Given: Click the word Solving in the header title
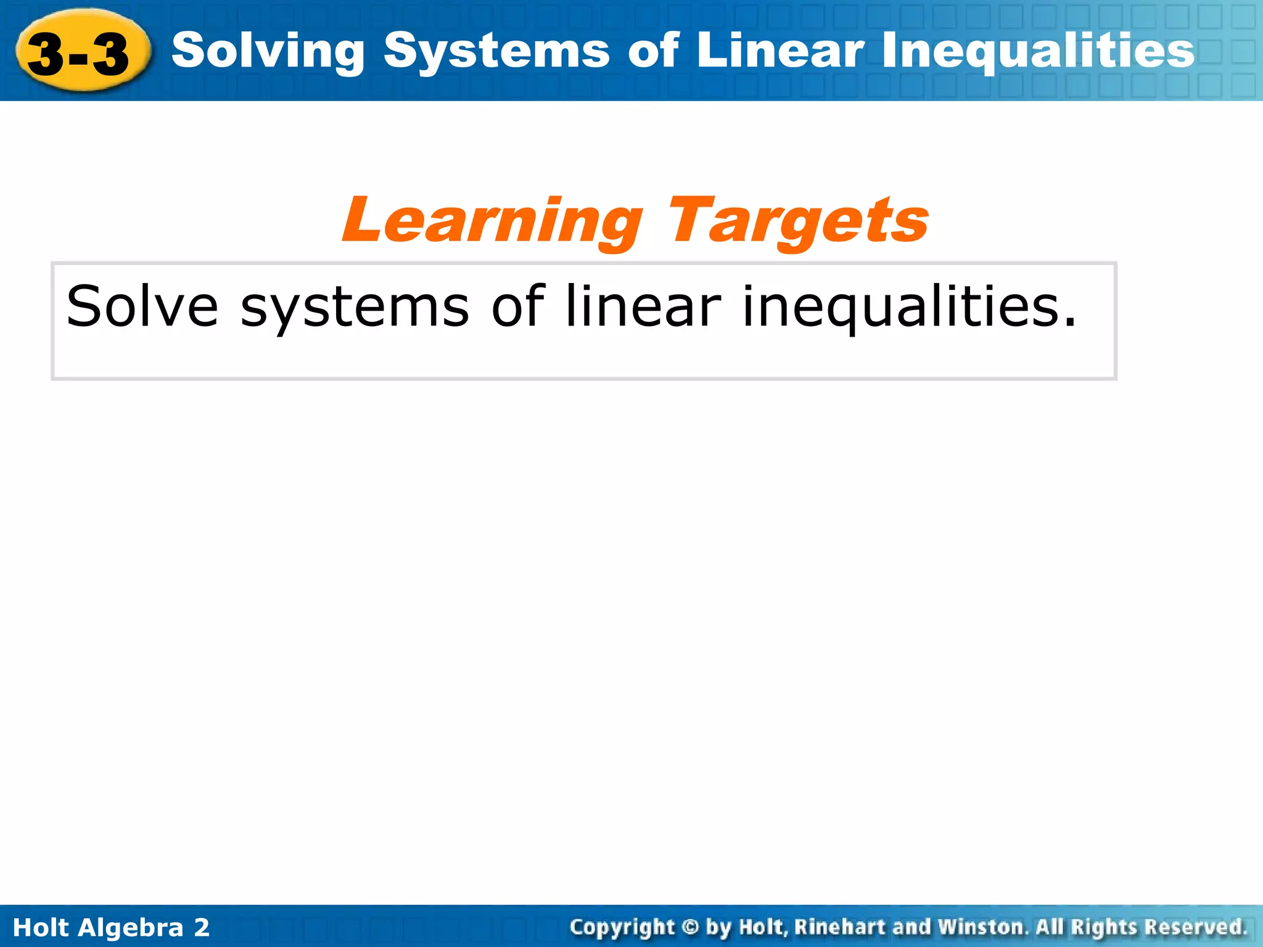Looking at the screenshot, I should (x=268, y=52).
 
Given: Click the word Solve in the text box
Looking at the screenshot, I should (x=142, y=306).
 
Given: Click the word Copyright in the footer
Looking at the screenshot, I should (x=622, y=927).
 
